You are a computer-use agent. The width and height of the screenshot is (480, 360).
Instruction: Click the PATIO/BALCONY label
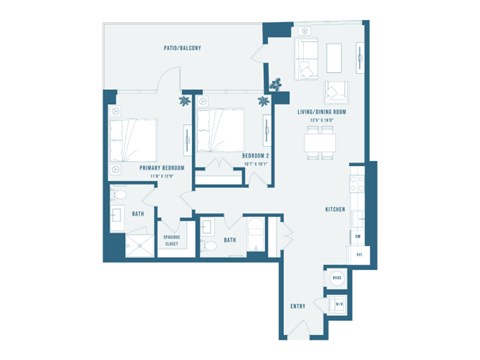(183, 48)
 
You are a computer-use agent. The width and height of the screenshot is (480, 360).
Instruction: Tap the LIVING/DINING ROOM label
(321, 113)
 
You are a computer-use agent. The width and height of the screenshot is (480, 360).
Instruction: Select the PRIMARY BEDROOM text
(137, 169)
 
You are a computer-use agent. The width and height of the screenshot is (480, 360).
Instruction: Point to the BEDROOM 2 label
(258, 155)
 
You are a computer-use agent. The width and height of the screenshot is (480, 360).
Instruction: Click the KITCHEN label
(335, 209)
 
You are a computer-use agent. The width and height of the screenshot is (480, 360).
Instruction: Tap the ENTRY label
(298, 306)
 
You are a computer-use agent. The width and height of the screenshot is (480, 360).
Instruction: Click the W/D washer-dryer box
(338, 303)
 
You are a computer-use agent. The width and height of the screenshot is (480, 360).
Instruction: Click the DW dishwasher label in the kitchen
(357, 236)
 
